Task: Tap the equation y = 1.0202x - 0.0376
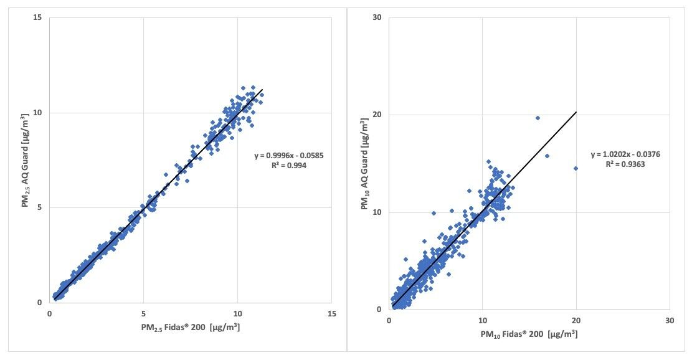(x=625, y=155)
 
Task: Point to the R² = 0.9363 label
(x=625, y=165)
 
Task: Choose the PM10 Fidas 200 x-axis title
(x=528, y=334)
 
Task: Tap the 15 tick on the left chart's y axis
(x=38, y=17)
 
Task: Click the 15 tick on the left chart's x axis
(x=331, y=314)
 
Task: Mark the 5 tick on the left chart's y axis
(x=40, y=208)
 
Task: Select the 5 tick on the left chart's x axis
(x=143, y=314)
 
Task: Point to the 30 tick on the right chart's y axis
(x=377, y=17)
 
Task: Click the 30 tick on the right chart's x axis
(x=670, y=321)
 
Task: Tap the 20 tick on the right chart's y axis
(x=377, y=115)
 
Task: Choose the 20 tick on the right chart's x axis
(x=576, y=321)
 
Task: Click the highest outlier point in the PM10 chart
(x=538, y=118)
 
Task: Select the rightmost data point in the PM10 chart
(x=576, y=168)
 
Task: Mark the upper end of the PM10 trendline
(x=576, y=112)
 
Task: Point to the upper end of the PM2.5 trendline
(x=263, y=90)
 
